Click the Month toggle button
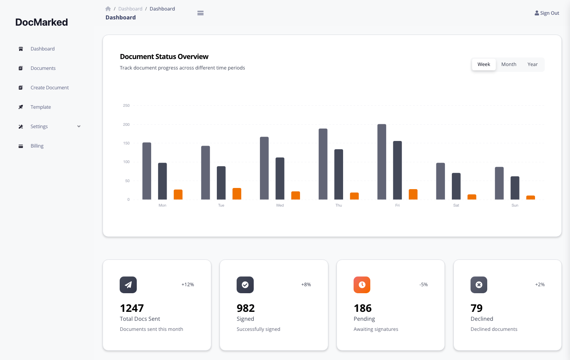pyautogui.click(x=509, y=64)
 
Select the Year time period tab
pyautogui.click(x=532, y=64)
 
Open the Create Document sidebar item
pyautogui.click(x=49, y=88)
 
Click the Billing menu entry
pyautogui.click(x=37, y=146)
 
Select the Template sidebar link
pyautogui.click(x=40, y=107)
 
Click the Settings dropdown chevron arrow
pyautogui.click(x=79, y=127)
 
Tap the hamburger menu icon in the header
pyautogui.click(x=200, y=13)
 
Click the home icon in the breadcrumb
pyautogui.click(x=108, y=9)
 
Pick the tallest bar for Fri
pyautogui.click(x=382, y=162)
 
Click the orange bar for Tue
pyautogui.click(x=237, y=194)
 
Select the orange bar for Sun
pyautogui.click(x=530, y=198)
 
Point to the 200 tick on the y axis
pyautogui.click(x=126, y=125)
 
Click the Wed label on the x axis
pyautogui.click(x=280, y=205)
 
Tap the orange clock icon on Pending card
pyautogui.click(x=362, y=285)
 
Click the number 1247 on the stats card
pyautogui.click(x=132, y=308)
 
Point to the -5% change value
pyautogui.click(x=424, y=285)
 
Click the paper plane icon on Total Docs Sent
pyautogui.click(x=128, y=285)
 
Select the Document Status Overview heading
pyautogui.click(x=164, y=57)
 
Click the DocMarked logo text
pyautogui.click(x=42, y=23)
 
